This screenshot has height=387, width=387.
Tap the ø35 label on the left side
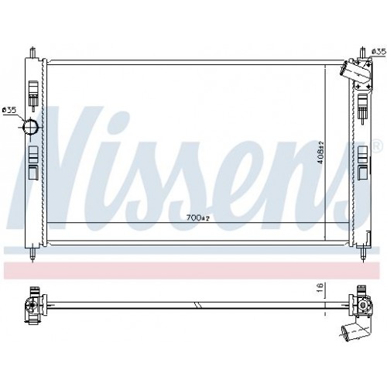(x=9, y=110)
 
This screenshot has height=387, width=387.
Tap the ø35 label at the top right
(x=378, y=51)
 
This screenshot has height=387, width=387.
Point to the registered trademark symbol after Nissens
(x=377, y=145)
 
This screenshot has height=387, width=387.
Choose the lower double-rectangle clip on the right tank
(x=362, y=160)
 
